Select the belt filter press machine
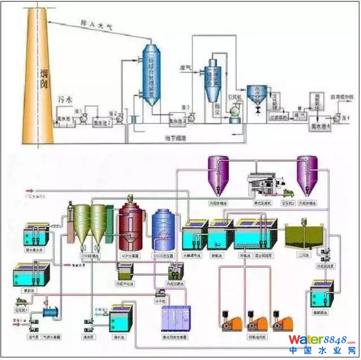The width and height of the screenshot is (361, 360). point(261,181)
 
